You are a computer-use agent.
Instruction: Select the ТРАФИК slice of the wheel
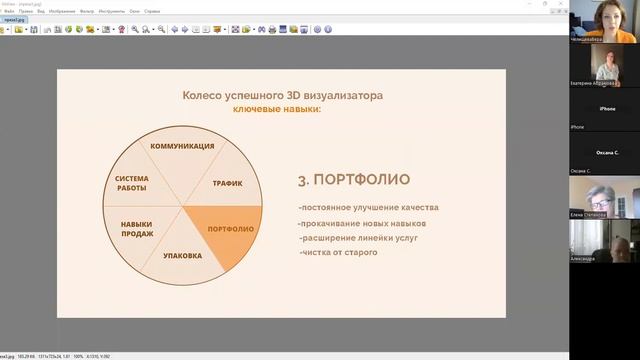click(x=227, y=183)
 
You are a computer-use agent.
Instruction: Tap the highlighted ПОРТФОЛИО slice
click(x=229, y=229)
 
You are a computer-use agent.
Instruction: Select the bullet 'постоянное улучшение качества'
click(x=368, y=208)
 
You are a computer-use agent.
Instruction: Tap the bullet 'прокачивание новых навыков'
click(x=362, y=223)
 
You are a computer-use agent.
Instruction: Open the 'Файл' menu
click(x=8, y=11)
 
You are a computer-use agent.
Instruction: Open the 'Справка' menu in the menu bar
click(x=151, y=11)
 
